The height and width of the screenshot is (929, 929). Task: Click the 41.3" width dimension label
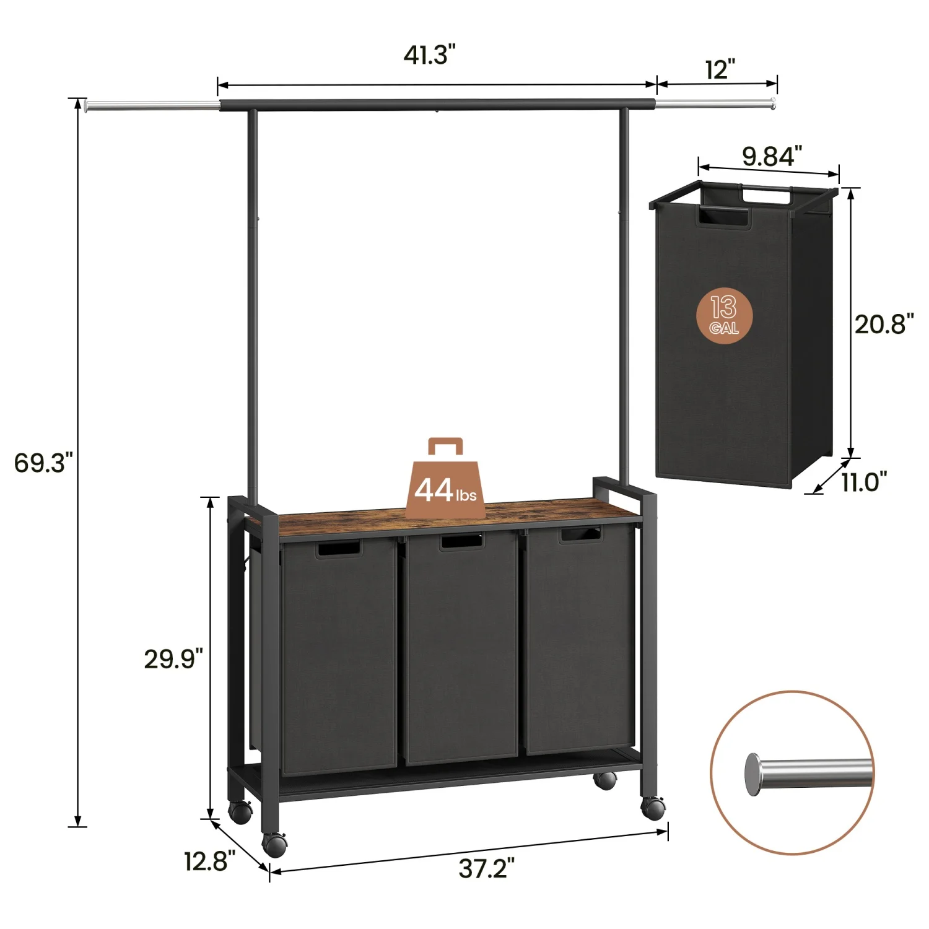click(x=430, y=56)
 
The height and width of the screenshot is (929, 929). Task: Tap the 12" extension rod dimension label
click(x=720, y=69)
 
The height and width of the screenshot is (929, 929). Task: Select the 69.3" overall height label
click(x=43, y=463)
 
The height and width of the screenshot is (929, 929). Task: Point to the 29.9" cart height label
click(x=173, y=659)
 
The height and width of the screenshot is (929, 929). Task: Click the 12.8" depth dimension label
click(x=209, y=861)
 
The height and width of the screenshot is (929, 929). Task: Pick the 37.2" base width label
click(x=486, y=869)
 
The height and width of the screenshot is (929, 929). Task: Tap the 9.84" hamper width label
click(x=772, y=156)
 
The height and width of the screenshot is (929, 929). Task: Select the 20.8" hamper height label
click(x=884, y=324)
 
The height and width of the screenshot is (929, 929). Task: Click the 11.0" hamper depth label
click(x=864, y=481)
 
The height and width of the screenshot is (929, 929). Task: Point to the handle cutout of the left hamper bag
click(x=338, y=549)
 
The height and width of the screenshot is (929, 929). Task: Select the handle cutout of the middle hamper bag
click(x=461, y=541)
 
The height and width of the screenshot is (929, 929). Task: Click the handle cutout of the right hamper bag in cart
click(x=580, y=534)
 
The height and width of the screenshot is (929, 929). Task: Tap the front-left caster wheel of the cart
click(x=274, y=844)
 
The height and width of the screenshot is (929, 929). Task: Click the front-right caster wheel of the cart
click(x=653, y=808)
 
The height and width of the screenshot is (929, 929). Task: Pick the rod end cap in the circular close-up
click(x=753, y=774)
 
